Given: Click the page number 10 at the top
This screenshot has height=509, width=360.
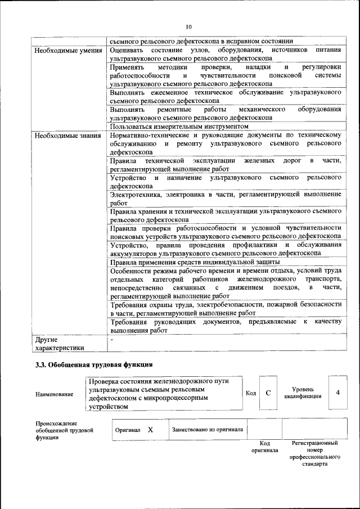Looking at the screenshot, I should (x=188, y=26).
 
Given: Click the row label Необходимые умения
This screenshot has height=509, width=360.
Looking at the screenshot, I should (x=64, y=50).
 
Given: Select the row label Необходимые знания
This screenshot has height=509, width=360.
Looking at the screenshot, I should (x=64, y=136).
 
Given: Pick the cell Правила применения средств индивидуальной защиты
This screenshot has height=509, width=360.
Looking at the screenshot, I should (x=195, y=262).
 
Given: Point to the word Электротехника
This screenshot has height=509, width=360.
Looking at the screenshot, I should (x=136, y=194).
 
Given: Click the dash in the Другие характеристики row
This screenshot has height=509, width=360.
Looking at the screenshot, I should (x=112, y=339).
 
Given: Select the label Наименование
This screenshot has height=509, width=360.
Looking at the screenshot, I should (x=54, y=394).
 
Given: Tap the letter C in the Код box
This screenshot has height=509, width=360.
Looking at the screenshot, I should (x=268, y=393).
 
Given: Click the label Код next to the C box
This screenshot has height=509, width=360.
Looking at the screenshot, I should (x=251, y=393).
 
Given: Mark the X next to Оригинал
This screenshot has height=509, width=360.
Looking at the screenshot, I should (x=150, y=429).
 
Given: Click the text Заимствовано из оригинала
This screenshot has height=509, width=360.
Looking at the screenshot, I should (x=207, y=429).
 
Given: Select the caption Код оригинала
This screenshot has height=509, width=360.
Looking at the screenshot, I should (x=264, y=447).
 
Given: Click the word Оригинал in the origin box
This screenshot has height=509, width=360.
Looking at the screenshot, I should (x=128, y=430).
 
